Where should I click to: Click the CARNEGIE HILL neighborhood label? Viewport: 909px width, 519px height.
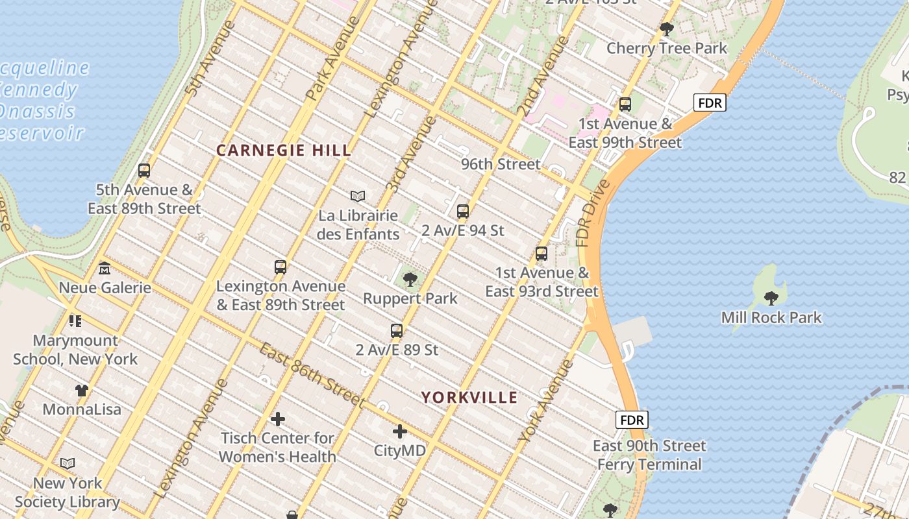tap(283, 151)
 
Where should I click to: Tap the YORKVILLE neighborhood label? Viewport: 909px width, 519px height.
tap(469, 398)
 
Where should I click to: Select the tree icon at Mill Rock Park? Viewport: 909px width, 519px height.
tap(771, 298)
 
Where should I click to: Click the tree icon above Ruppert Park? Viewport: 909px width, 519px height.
tap(410, 280)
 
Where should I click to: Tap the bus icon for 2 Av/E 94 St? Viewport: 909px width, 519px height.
tap(463, 211)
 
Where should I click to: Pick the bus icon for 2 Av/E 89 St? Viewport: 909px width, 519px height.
tap(397, 331)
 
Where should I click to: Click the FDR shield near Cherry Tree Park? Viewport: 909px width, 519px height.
tap(709, 103)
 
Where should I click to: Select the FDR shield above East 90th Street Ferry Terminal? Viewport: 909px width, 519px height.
tap(631, 420)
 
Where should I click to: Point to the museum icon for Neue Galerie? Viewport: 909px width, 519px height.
tap(105, 269)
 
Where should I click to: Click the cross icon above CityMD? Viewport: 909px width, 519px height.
tap(400, 431)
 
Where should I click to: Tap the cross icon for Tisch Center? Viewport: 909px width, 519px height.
tap(278, 419)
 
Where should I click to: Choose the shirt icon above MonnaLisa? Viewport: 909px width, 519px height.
tap(82, 391)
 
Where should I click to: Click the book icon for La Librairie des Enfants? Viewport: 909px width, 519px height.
tap(358, 196)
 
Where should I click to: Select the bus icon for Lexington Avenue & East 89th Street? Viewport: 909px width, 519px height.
tap(280, 267)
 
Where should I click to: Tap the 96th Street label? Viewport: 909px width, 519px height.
tap(501, 164)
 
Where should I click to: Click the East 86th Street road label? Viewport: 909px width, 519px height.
tap(312, 375)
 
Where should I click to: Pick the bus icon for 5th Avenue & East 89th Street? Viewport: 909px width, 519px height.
tap(144, 171)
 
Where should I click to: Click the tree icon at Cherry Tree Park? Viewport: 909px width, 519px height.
tap(667, 29)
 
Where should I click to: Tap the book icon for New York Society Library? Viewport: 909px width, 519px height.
tap(68, 464)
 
